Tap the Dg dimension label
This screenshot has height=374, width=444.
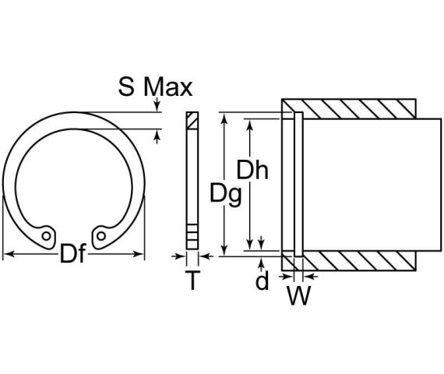225,192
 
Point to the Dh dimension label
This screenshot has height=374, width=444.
252,170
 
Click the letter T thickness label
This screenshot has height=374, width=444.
192,281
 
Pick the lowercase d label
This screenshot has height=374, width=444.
263,280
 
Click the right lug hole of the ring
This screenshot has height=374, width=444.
101,233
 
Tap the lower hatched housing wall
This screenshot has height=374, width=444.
358,260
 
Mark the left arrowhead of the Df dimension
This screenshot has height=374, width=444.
7,254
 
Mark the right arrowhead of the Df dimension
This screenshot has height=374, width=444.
141,254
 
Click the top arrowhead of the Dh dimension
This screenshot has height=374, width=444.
251,123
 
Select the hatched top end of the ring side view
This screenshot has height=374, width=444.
192,121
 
